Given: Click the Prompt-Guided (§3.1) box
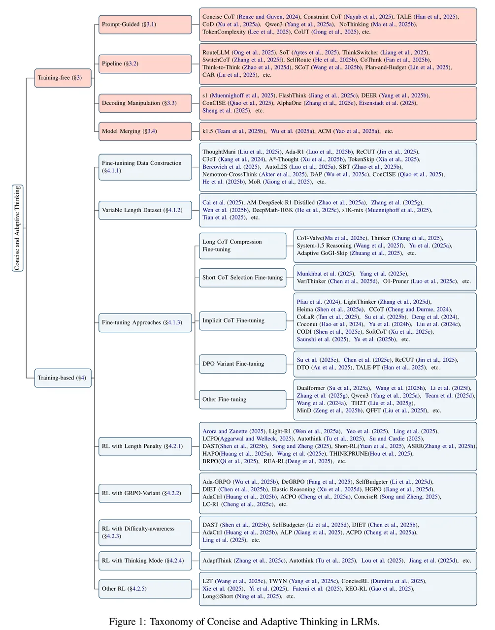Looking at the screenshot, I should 145,25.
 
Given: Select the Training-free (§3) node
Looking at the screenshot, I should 63,78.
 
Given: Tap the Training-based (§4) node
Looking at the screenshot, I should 63,378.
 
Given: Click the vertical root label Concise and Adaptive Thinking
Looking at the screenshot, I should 18,228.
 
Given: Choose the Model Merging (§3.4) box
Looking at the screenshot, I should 145,131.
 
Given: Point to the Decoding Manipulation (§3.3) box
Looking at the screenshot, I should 145,103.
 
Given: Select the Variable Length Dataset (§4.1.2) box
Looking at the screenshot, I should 145,210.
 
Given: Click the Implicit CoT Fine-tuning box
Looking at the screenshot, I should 242,321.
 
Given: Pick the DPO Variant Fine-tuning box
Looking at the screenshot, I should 242,364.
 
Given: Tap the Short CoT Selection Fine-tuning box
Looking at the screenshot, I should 242,278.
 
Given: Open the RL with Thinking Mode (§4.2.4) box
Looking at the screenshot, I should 145,561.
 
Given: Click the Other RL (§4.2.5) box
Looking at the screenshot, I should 145,589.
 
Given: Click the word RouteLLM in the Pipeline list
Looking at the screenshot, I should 216,53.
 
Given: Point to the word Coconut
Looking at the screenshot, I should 307,324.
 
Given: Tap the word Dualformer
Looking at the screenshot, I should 311,388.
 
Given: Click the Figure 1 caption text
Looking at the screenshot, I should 244,622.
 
